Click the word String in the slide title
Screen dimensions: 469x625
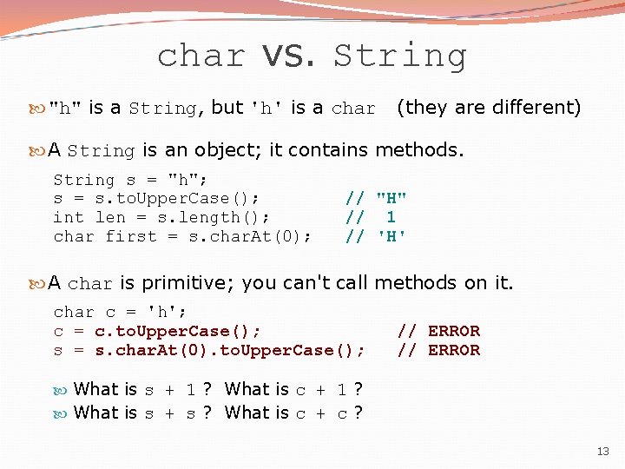tap(400, 56)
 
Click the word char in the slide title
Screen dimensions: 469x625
tap(201, 56)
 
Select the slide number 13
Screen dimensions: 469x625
tap(602, 451)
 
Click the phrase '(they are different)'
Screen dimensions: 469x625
tap(488, 108)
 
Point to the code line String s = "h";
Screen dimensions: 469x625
tap(130, 180)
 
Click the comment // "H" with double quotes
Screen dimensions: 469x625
tap(376, 198)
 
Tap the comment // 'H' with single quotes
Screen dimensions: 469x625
tap(376, 236)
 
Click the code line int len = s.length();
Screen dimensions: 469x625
tap(161, 217)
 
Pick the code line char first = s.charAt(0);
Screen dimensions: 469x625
tap(182, 236)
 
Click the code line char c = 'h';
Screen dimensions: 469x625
tap(120, 312)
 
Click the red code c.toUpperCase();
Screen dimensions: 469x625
tap(178, 331)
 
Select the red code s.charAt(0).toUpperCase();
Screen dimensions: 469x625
tap(229, 350)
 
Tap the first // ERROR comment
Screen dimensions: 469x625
tap(438, 331)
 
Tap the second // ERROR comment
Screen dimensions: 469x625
tap(438, 350)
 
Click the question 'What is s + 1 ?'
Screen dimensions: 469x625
tap(143, 389)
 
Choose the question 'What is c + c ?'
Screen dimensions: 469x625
tap(293, 413)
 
